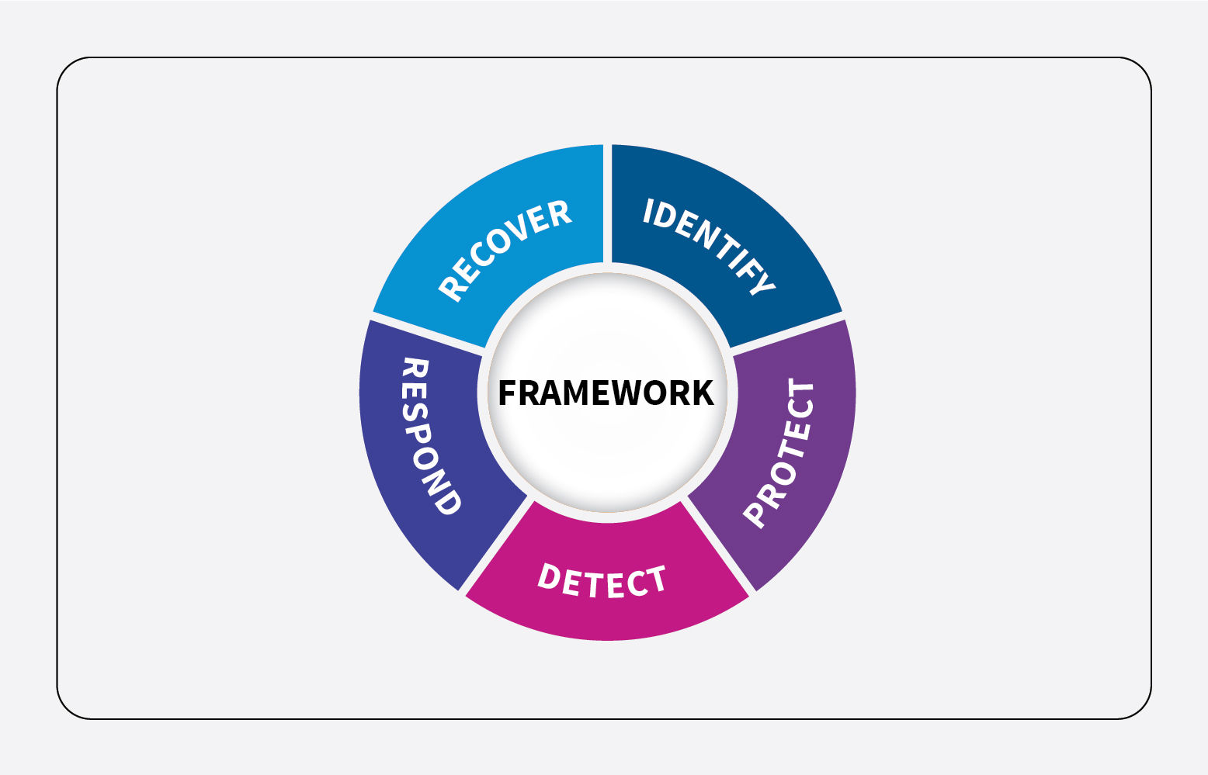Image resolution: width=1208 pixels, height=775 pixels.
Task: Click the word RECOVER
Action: pyautogui.click(x=504, y=250)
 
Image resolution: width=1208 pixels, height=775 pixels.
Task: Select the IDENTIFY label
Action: pyautogui.click(x=709, y=246)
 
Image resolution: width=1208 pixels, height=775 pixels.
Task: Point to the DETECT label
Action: pyautogui.click(x=602, y=581)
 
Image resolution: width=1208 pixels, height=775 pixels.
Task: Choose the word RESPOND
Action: pyautogui.click(x=431, y=437)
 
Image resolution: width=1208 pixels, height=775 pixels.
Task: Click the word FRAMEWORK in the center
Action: pyautogui.click(x=606, y=393)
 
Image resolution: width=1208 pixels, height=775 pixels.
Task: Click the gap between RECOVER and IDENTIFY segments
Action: pyautogui.click(x=607, y=204)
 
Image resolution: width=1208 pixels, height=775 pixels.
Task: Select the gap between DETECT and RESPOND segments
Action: pyautogui.click(x=495, y=545)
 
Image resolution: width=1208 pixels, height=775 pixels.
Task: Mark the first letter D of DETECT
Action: pyautogui.click(x=550, y=576)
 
